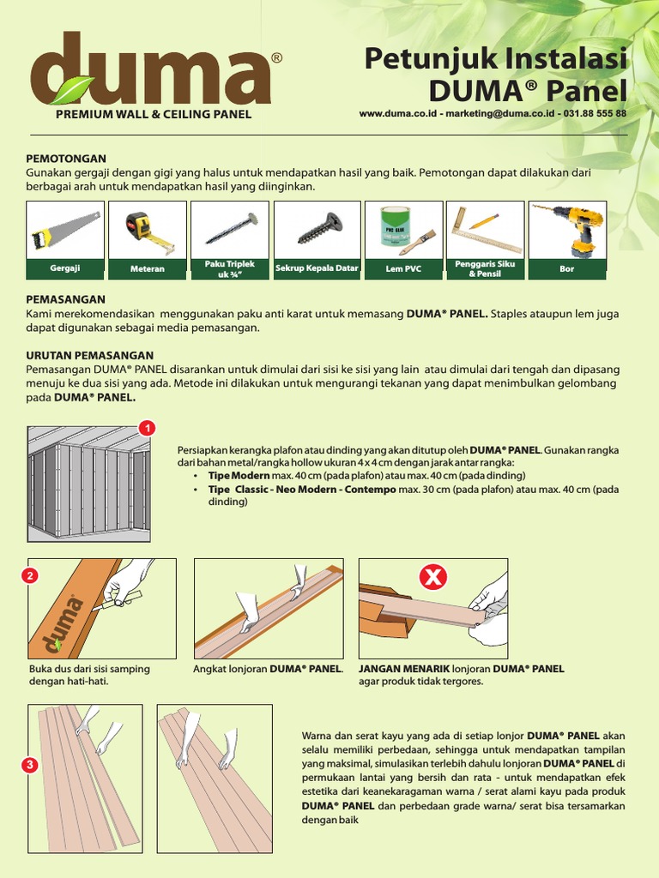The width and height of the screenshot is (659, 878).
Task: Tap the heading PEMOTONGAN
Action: pyautogui.click(x=66, y=159)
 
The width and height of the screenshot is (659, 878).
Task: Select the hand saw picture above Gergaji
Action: pyautogui.click(x=65, y=231)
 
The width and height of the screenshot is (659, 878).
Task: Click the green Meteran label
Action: pyautogui.click(x=148, y=269)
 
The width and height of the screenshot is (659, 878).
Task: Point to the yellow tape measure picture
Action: pyautogui.click(x=148, y=231)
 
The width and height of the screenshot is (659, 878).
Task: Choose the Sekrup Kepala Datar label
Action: pyautogui.click(x=317, y=268)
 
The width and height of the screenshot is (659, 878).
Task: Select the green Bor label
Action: pyautogui.click(x=567, y=269)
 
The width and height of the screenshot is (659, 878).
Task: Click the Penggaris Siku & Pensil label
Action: pyautogui.click(x=485, y=269)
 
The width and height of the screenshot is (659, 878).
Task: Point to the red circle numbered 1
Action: pyautogui.click(x=147, y=427)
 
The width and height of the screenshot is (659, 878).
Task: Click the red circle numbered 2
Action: pyautogui.click(x=30, y=575)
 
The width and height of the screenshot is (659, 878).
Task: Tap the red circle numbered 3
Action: pyautogui.click(x=30, y=764)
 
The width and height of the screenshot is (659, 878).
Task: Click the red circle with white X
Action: pyautogui.click(x=434, y=578)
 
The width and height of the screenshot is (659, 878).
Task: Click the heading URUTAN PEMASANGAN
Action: pyautogui.click(x=90, y=355)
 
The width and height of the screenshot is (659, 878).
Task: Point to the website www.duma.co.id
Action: pyautogui.click(x=396, y=113)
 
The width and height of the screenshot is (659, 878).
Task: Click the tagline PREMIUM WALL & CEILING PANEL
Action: pyautogui.click(x=154, y=113)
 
